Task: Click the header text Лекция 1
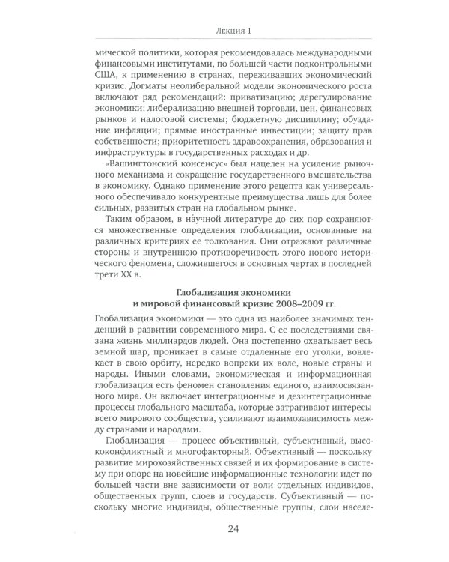click(x=224, y=30)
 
